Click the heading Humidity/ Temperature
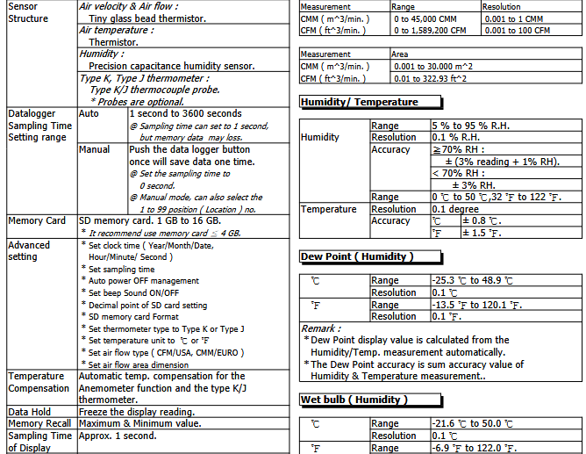(x=360, y=102)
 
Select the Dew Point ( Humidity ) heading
(x=356, y=256)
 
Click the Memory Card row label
(x=37, y=221)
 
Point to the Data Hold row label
(x=29, y=411)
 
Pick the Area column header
(x=400, y=54)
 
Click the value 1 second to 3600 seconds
(x=185, y=114)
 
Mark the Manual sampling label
(x=95, y=149)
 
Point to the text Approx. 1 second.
(x=118, y=436)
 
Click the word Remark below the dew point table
(x=322, y=328)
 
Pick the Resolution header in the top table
(x=502, y=6)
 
